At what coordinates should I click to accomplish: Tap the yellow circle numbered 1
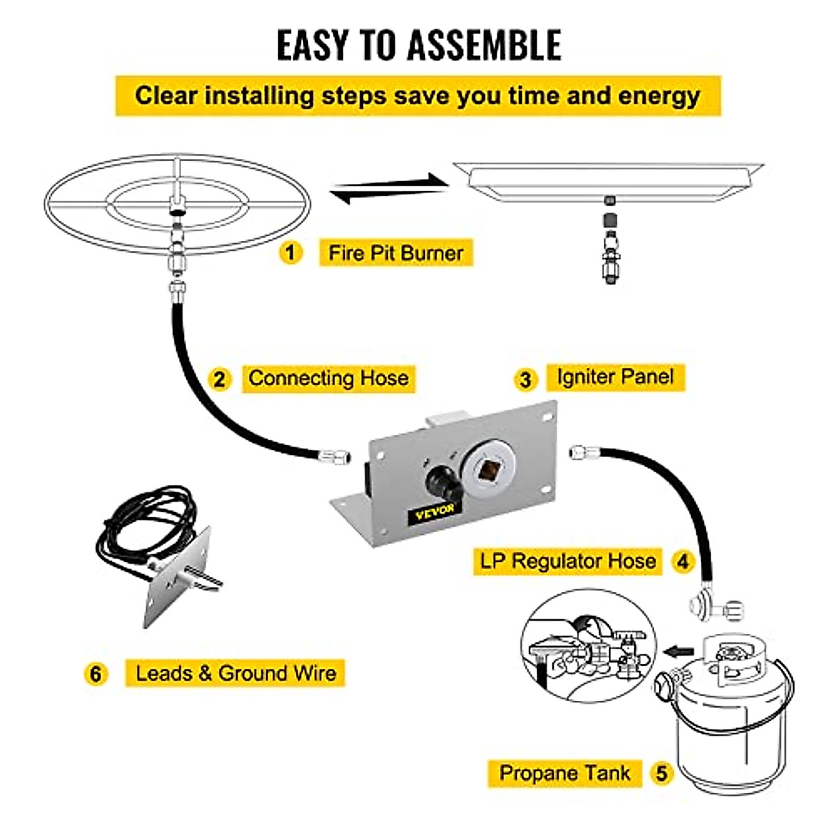(291, 252)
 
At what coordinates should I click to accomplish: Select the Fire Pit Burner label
(396, 253)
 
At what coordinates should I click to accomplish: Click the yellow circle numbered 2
(219, 380)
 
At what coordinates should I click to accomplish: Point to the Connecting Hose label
(328, 378)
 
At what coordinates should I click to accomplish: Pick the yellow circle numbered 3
(525, 380)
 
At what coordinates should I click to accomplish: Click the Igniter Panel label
(615, 378)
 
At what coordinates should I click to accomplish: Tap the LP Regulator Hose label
(568, 561)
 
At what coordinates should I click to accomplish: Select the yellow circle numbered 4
(683, 562)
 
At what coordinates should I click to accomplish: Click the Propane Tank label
(564, 773)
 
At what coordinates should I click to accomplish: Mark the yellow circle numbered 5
(661, 773)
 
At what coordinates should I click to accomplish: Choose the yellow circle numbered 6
(95, 674)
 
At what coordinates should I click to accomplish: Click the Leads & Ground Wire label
(235, 674)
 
